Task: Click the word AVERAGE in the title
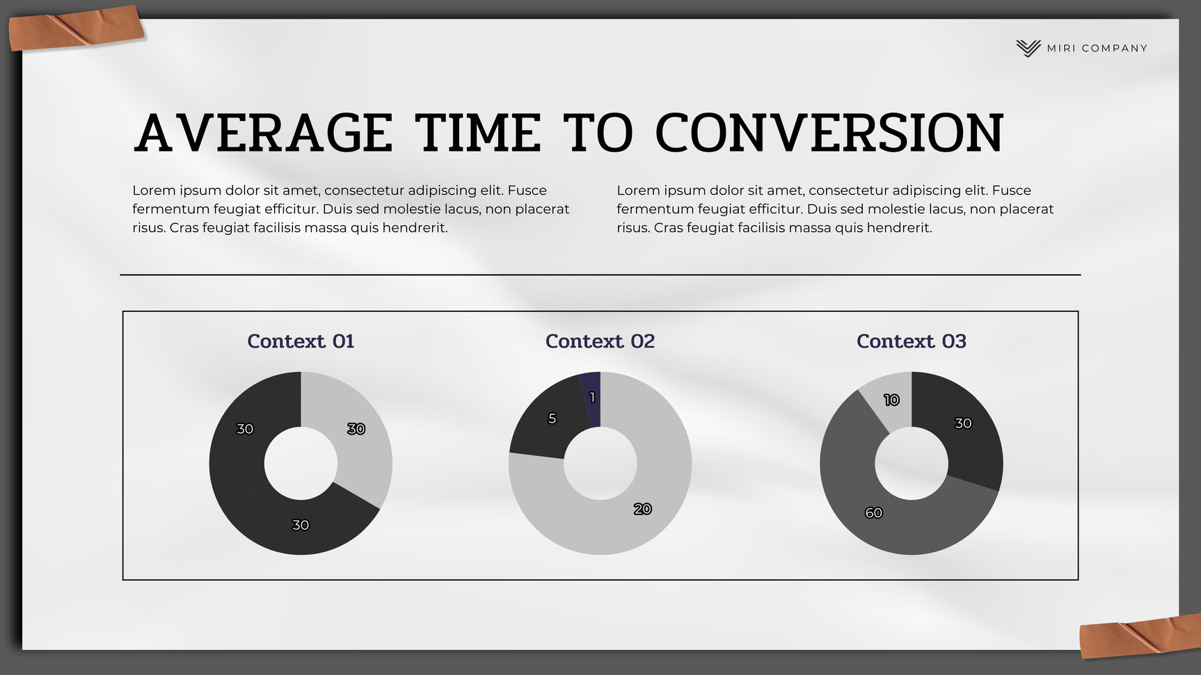pyautogui.click(x=264, y=133)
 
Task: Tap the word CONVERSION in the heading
pyautogui.click(x=829, y=133)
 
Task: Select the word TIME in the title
pyautogui.click(x=478, y=133)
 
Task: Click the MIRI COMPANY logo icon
pyautogui.click(x=1028, y=48)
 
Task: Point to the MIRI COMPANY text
pyautogui.click(x=1097, y=48)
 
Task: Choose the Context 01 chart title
pyautogui.click(x=301, y=341)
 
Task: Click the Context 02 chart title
pyautogui.click(x=600, y=341)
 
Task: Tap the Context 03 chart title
pyautogui.click(x=912, y=341)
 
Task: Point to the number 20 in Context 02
pyautogui.click(x=642, y=509)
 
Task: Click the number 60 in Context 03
pyautogui.click(x=873, y=513)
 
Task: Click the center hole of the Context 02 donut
pyautogui.click(x=600, y=463)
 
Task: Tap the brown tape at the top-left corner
pyautogui.click(x=77, y=28)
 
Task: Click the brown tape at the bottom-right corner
pyautogui.click(x=1140, y=636)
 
